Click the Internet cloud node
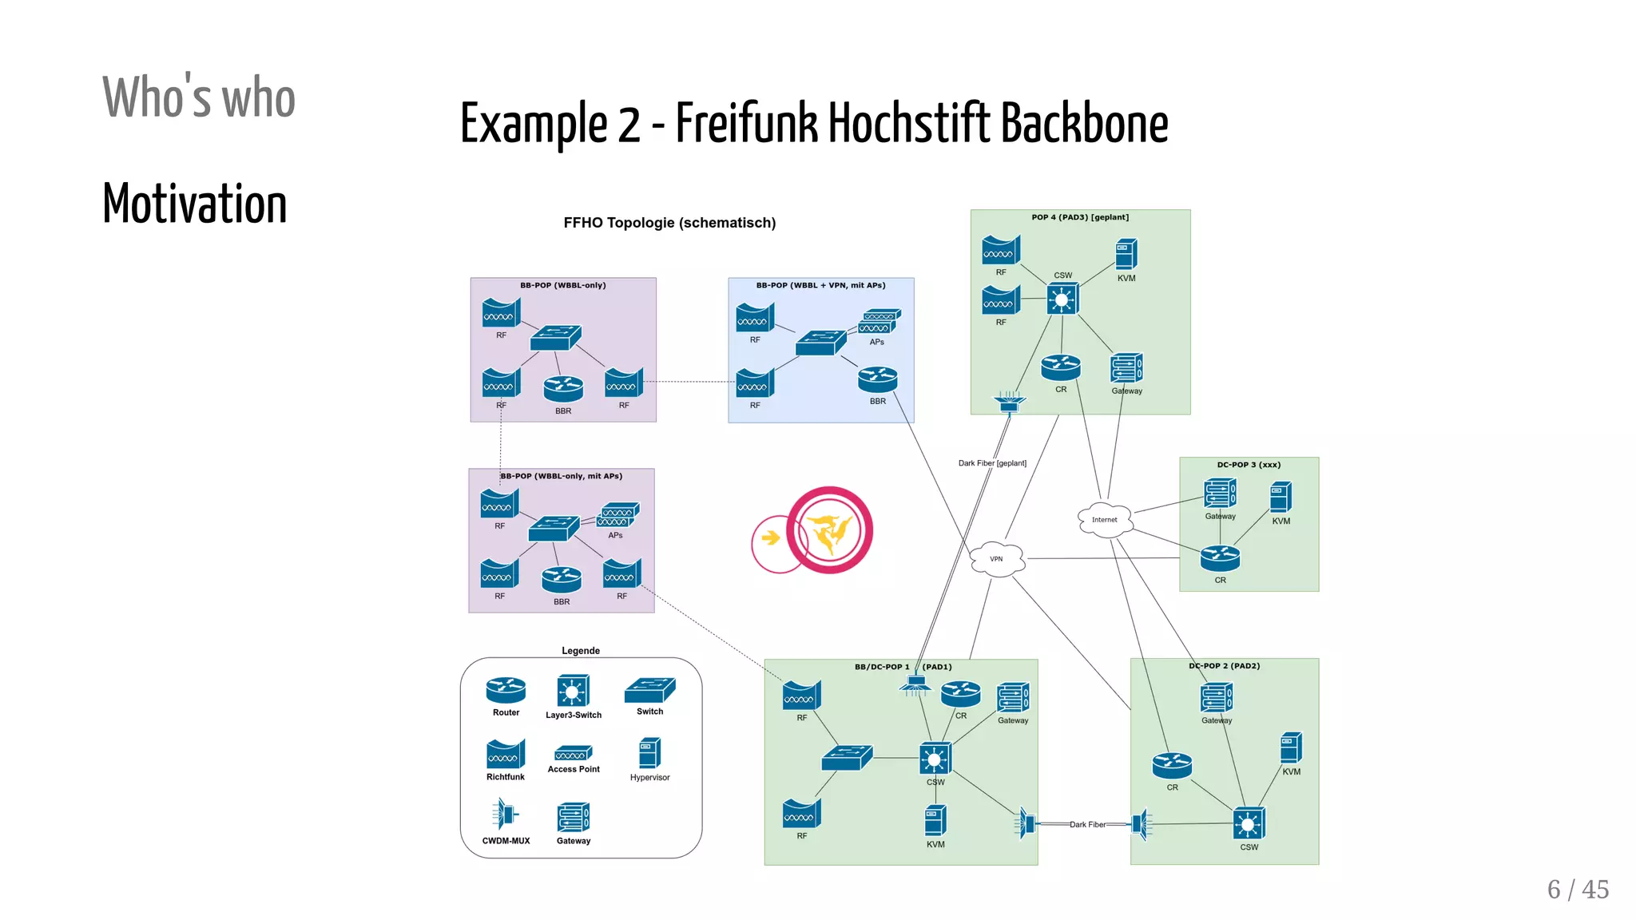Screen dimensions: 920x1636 (1105, 519)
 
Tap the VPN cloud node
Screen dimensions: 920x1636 (997, 559)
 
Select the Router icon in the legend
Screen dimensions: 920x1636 (506, 689)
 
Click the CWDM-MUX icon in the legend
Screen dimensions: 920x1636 (506, 815)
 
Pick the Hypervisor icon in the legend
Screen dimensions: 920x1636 (649, 753)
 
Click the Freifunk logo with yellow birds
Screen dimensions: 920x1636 (829, 530)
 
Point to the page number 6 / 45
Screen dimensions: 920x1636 (1578, 889)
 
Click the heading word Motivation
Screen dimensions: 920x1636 (195, 204)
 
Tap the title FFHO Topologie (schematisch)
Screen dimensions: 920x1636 (669, 223)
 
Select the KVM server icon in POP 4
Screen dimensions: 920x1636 (1126, 255)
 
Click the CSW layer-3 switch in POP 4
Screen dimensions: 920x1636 (1062, 299)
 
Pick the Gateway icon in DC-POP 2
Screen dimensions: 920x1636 (1217, 697)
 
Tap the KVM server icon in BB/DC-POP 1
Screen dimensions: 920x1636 (935, 821)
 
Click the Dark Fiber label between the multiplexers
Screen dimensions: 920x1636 (1087, 824)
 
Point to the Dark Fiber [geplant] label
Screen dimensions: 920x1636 (992, 463)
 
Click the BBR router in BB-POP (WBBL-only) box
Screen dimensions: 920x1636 (563, 389)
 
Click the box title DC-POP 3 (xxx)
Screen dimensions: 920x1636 (1249, 465)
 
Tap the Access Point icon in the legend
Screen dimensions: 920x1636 (574, 753)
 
